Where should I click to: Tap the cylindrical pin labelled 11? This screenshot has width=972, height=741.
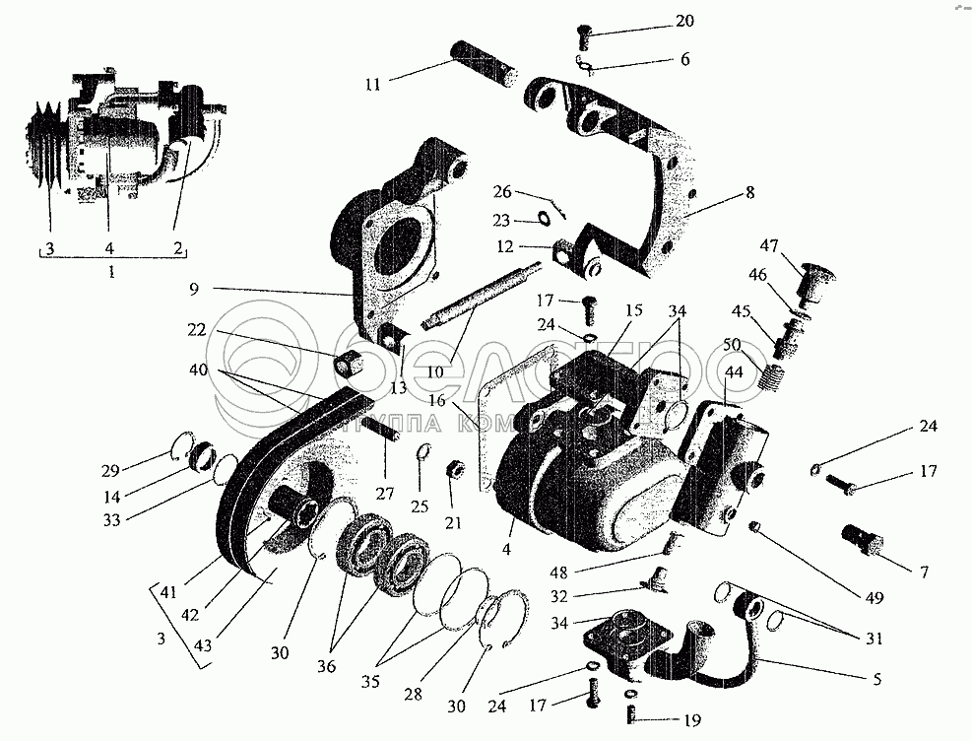tap(485, 62)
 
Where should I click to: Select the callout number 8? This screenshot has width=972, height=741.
tap(750, 194)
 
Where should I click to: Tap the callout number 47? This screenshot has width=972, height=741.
tap(769, 245)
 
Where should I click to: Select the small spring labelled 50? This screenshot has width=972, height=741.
tap(775, 375)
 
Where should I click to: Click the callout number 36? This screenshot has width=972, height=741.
tap(326, 667)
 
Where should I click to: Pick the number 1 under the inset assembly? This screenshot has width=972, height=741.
tap(110, 271)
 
